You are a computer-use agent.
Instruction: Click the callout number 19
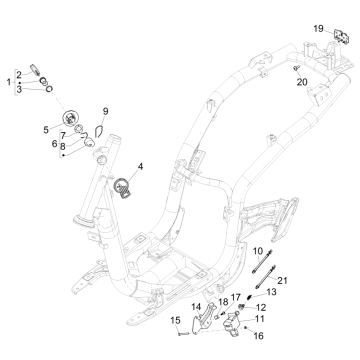319,28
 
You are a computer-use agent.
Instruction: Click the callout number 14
196,307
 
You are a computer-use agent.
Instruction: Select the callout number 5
46,130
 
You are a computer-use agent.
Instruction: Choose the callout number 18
223,301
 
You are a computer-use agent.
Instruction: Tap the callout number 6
55,143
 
